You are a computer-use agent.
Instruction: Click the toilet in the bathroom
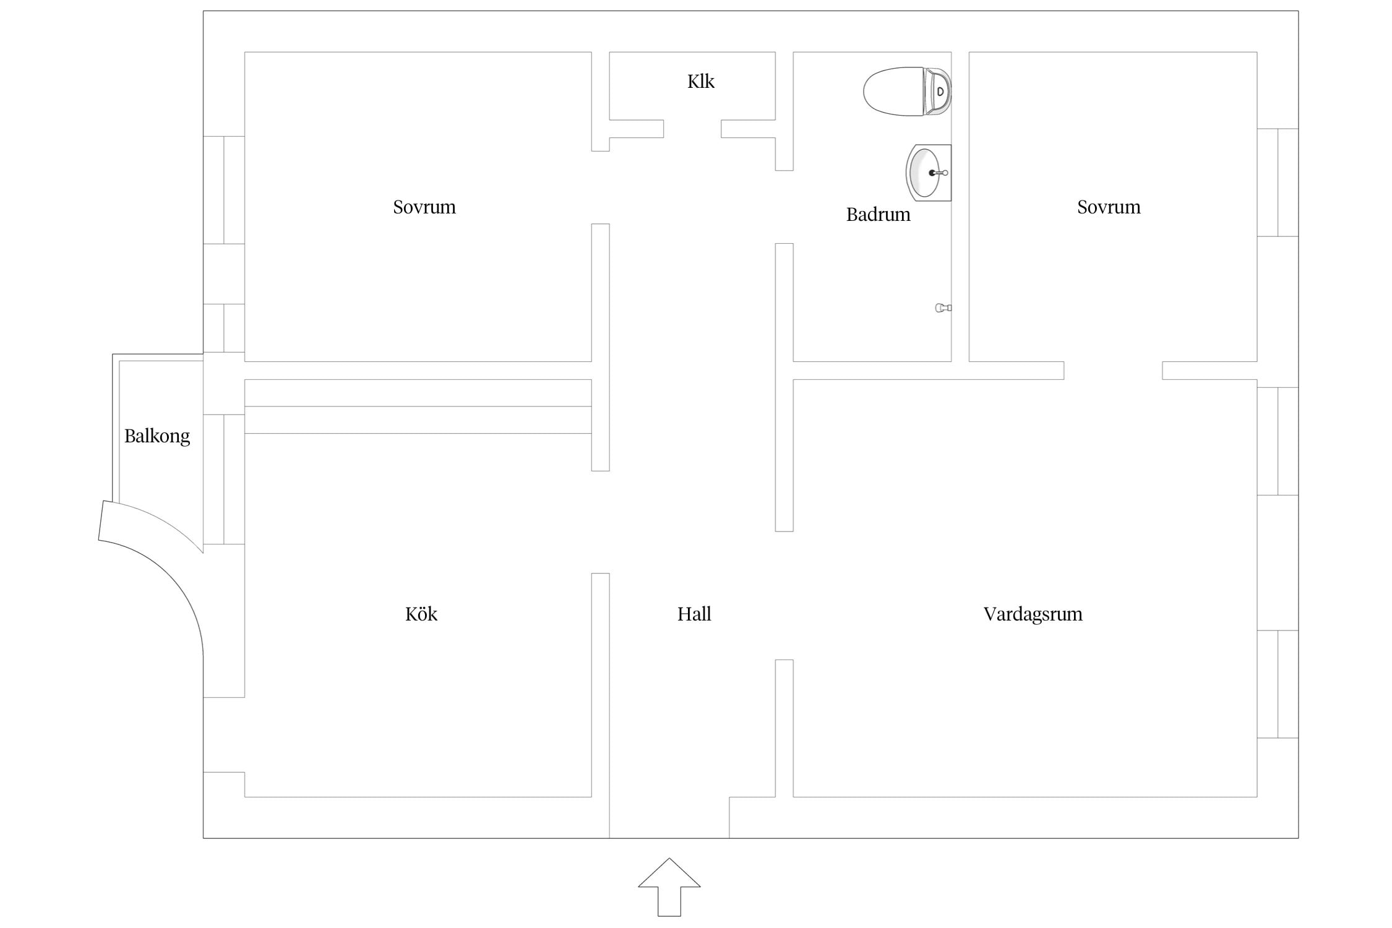click(907, 92)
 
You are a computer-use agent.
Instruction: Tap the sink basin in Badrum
click(928, 173)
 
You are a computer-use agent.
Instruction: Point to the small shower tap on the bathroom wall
click(943, 307)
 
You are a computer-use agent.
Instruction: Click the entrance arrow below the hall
click(669, 887)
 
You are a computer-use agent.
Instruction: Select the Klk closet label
click(701, 81)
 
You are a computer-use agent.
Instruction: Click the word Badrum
click(879, 214)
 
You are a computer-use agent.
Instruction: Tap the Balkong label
click(157, 437)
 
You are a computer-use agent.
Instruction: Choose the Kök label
click(421, 614)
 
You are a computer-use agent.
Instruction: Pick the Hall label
click(694, 614)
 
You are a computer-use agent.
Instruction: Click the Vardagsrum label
click(1033, 614)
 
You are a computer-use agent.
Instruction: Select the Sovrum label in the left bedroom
click(424, 207)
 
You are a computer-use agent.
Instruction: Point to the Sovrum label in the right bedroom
click(1109, 207)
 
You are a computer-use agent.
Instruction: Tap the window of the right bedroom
click(1278, 183)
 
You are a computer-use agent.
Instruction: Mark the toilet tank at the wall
click(937, 92)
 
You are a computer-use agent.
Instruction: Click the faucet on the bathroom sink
click(939, 173)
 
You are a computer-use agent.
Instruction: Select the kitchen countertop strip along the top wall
click(418, 406)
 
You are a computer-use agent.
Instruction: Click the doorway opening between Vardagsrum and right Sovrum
click(1113, 371)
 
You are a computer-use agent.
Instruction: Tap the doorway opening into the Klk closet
click(692, 129)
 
